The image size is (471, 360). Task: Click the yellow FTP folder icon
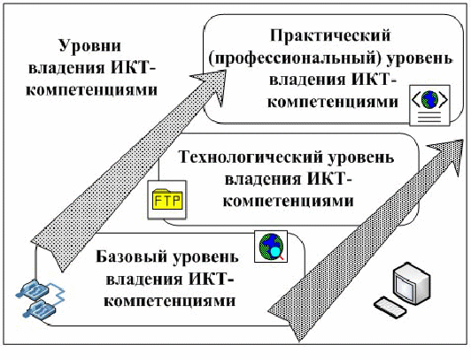pyautogui.click(x=167, y=200)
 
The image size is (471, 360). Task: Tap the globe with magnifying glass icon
pyautogui.click(x=271, y=246)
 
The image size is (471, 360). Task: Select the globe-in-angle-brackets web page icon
pyautogui.click(x=430, y=105)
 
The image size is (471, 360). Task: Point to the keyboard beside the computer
pyautogui.click(x=390, y=308)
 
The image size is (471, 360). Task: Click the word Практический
pyautogui.click(x=330, y=36)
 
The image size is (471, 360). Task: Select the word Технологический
pyautogui.click(x=251, y=157)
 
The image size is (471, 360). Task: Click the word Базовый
pyautogui.click(x=132, y=257)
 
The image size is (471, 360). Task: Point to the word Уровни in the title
pyautogui.click(x=90, y=47)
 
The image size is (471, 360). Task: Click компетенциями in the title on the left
pyautogui.click(x=91, y=89)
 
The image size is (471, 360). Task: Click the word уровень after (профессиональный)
pyautogui.click(x=420, y=59)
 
